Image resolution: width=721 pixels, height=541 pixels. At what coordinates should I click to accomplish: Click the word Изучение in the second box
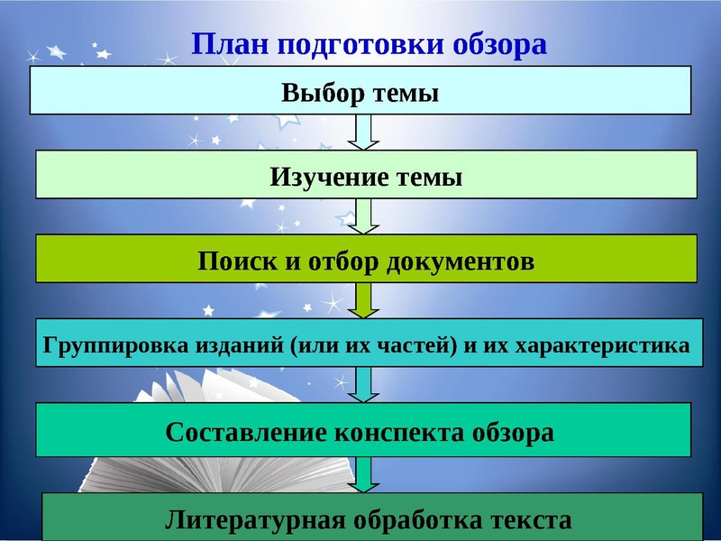pos(329,177)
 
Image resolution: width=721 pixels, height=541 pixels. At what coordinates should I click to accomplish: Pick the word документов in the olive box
pos(460,261)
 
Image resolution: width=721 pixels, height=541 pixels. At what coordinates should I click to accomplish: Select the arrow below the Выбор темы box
pos(362,132)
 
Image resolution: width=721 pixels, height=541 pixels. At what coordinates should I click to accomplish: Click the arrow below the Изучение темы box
pos(364,216)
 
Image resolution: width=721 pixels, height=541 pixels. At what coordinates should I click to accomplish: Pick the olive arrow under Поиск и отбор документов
pos(364,300)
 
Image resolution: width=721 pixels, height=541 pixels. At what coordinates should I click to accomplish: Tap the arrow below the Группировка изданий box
pos(364,384)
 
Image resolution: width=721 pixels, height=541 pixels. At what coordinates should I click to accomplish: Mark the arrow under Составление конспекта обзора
pos(364,474)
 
